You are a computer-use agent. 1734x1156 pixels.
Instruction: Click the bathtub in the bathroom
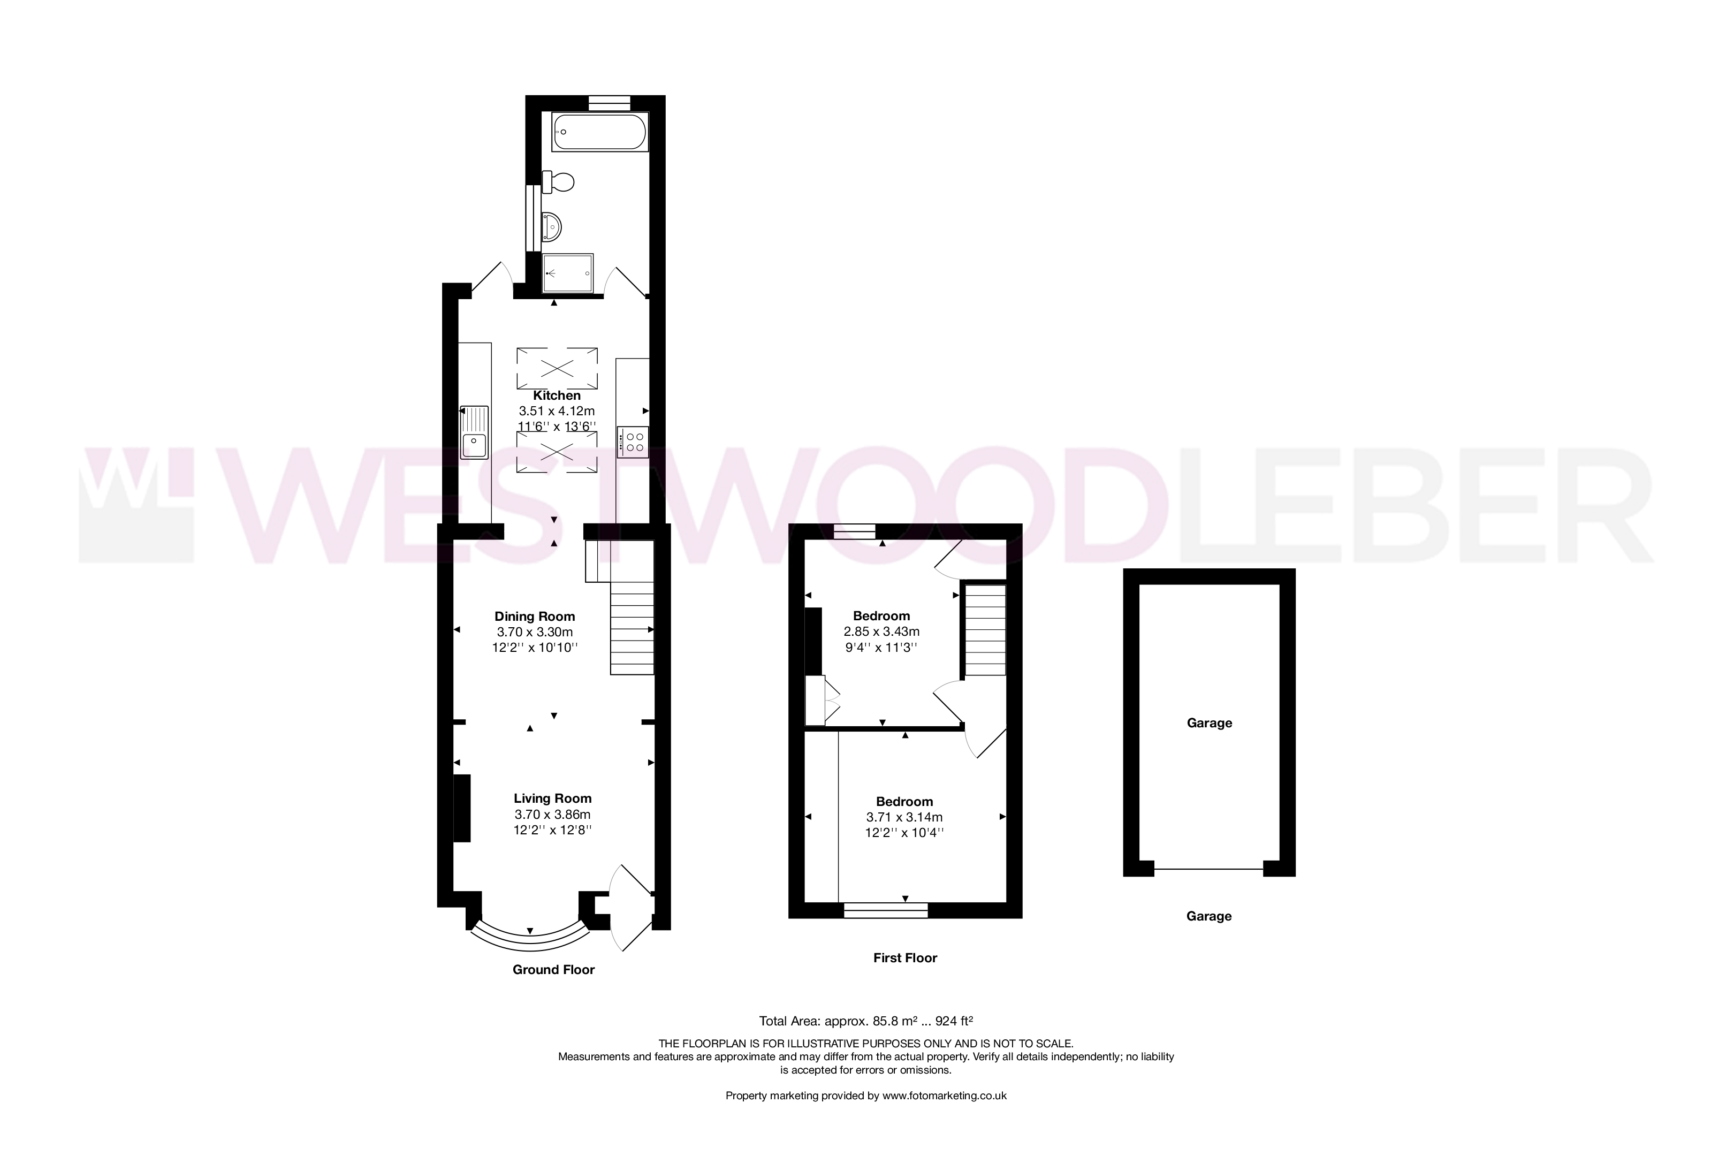point(599,133)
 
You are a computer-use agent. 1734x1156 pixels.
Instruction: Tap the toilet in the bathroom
point(558,181)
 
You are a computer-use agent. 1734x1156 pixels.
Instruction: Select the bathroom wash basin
point(551,226)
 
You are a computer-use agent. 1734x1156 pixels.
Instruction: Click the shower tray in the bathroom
point(568,273)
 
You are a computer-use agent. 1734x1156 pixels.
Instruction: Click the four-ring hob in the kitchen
point(633,443)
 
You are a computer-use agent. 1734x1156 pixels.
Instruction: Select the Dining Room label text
point(535,617)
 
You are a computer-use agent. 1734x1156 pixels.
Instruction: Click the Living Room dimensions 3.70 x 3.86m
point(552,815)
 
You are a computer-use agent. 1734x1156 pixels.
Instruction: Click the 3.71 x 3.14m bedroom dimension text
point(904,817)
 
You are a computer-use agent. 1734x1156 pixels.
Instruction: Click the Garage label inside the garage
point(1209,723)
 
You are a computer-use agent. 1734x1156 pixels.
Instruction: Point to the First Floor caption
point(904,957)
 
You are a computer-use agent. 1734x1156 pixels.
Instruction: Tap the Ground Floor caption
point(554,969)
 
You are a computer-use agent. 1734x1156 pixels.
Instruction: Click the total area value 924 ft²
point(954,1021)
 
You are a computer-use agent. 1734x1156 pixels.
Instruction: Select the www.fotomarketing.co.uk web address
point(945,1096)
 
